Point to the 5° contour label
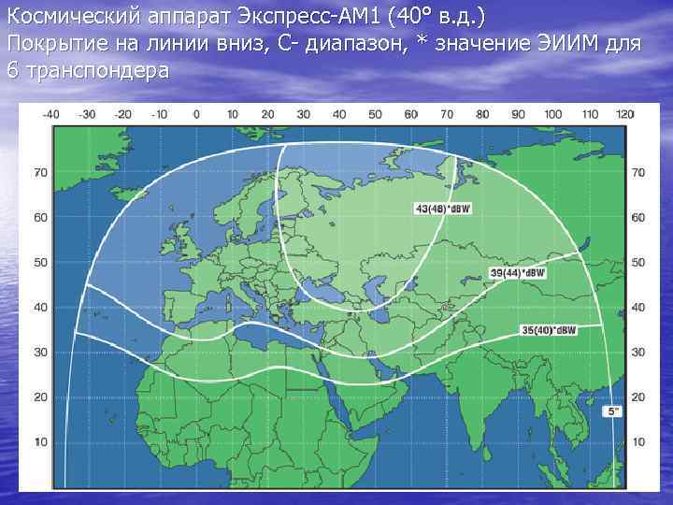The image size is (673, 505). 610,411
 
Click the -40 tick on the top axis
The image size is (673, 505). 51,114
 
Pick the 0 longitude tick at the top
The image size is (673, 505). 195,114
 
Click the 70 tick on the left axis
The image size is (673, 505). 41,173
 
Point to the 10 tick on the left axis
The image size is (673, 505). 41,440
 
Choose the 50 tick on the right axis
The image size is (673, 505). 638,263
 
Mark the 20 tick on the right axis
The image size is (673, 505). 638,397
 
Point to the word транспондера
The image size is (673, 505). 98,69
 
